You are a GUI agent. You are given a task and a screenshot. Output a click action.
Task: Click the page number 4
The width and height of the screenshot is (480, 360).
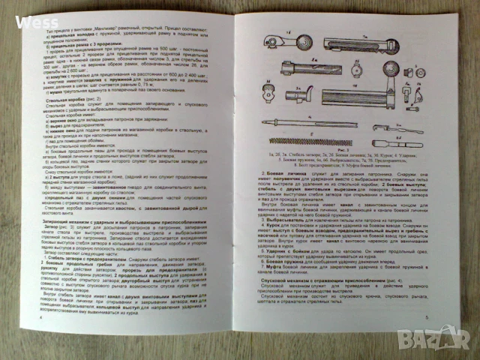tap(40, 317)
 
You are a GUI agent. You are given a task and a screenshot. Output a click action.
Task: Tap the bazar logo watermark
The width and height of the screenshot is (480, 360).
tap(449, 337)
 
